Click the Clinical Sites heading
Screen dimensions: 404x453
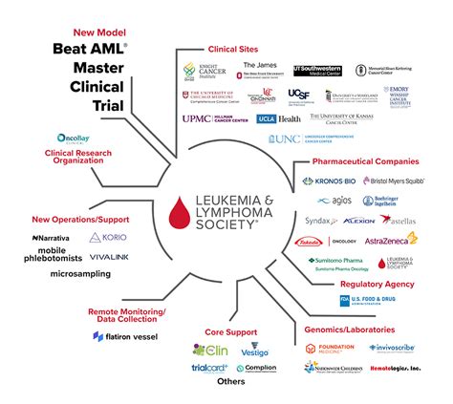pyautogui.click(x=234, y=49)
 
